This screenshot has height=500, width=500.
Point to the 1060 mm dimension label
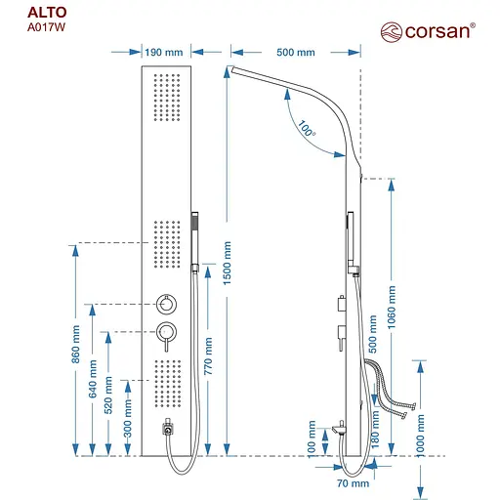[393, 310]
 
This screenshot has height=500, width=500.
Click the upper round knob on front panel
[166, 304]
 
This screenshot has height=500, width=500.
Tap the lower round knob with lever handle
[167, 333]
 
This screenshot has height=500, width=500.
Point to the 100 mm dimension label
[312, 435]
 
